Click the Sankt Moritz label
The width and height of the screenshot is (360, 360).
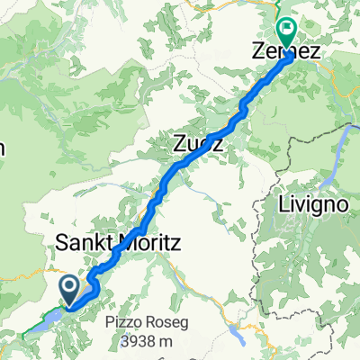(107, 242)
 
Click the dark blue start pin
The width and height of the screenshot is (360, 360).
(70, 290)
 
